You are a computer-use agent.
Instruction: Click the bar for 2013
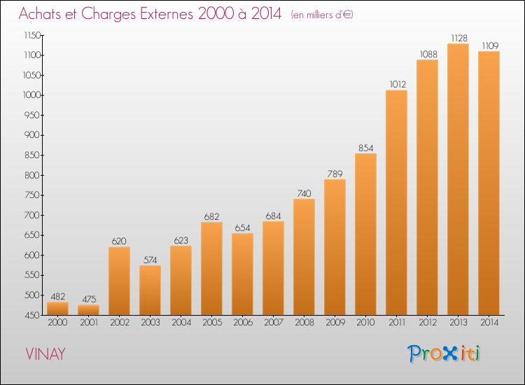[x=458, y=179]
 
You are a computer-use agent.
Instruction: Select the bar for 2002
[x=119, y=281]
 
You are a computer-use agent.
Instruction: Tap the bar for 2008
[x=304, y=257]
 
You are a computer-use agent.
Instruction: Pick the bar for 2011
[x=396, y=202]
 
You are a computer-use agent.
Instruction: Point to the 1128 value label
[x=458, y=38]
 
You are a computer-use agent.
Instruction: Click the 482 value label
[x=57, y=296]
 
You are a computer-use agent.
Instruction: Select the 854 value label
[x=365, y=148]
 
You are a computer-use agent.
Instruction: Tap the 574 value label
[x=150, y=260]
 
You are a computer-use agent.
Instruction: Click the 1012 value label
[x=396, y=85]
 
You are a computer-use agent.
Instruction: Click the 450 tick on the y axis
[x=34, y=316]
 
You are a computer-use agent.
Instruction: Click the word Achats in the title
[x=42, y=15]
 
